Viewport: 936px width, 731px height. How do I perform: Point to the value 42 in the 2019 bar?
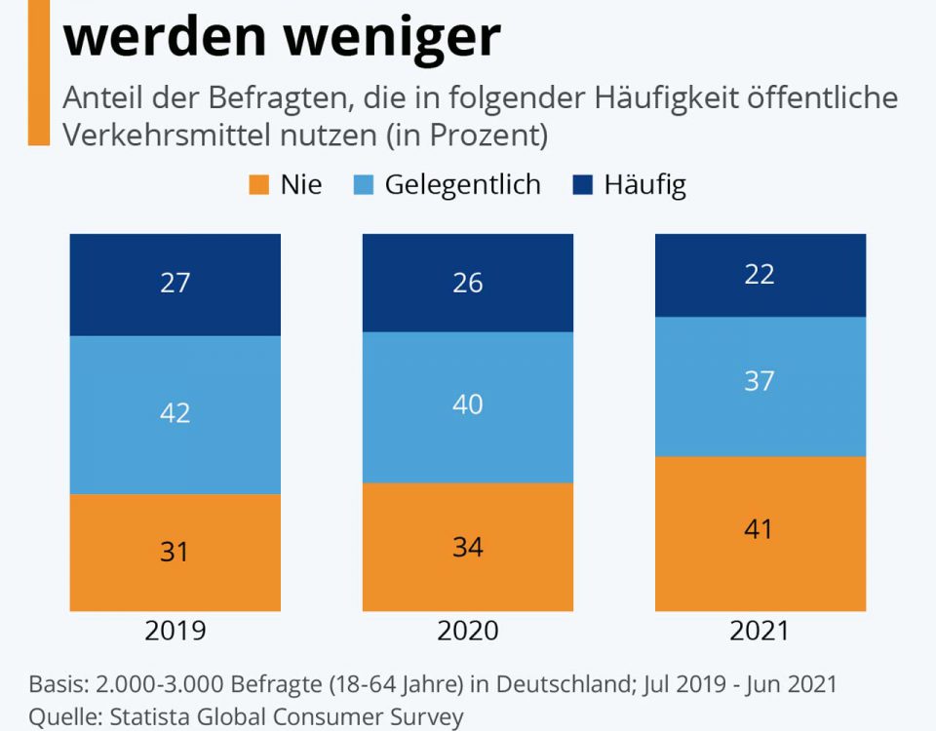coord(175,413)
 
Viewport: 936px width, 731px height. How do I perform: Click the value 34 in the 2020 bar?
coord(468,548)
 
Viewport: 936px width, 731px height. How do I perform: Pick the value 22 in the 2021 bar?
coord(760,275)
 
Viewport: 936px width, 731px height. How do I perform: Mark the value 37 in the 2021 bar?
coord(760,381)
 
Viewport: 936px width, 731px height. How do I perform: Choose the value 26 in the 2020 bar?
coord(468,283)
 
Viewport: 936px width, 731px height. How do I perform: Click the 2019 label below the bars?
coord(175,631)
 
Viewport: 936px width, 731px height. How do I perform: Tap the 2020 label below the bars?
coord(468,631)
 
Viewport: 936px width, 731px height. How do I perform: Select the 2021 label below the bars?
coord(760,631)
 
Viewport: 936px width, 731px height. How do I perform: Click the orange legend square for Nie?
coord(258,185)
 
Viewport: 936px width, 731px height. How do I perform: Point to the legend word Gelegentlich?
coord(462,185)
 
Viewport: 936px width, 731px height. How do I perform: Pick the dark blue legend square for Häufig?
coord(581,185)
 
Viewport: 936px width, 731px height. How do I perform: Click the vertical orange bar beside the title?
coord(38,73)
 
